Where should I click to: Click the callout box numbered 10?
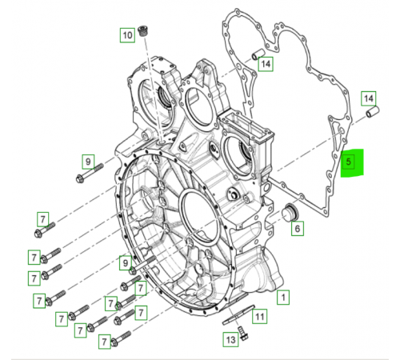(127, 35)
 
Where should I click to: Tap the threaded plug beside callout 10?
(144, 31)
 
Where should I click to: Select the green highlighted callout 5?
(352, 162)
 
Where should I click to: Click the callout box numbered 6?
(298, 228)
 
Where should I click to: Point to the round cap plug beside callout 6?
(290, 214)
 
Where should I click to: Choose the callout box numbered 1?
(283, 297)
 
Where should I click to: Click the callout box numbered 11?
(260, 317)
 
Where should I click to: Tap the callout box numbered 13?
(230, 339)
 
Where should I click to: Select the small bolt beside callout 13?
(243, 334)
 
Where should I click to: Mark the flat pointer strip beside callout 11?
(238, 314)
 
